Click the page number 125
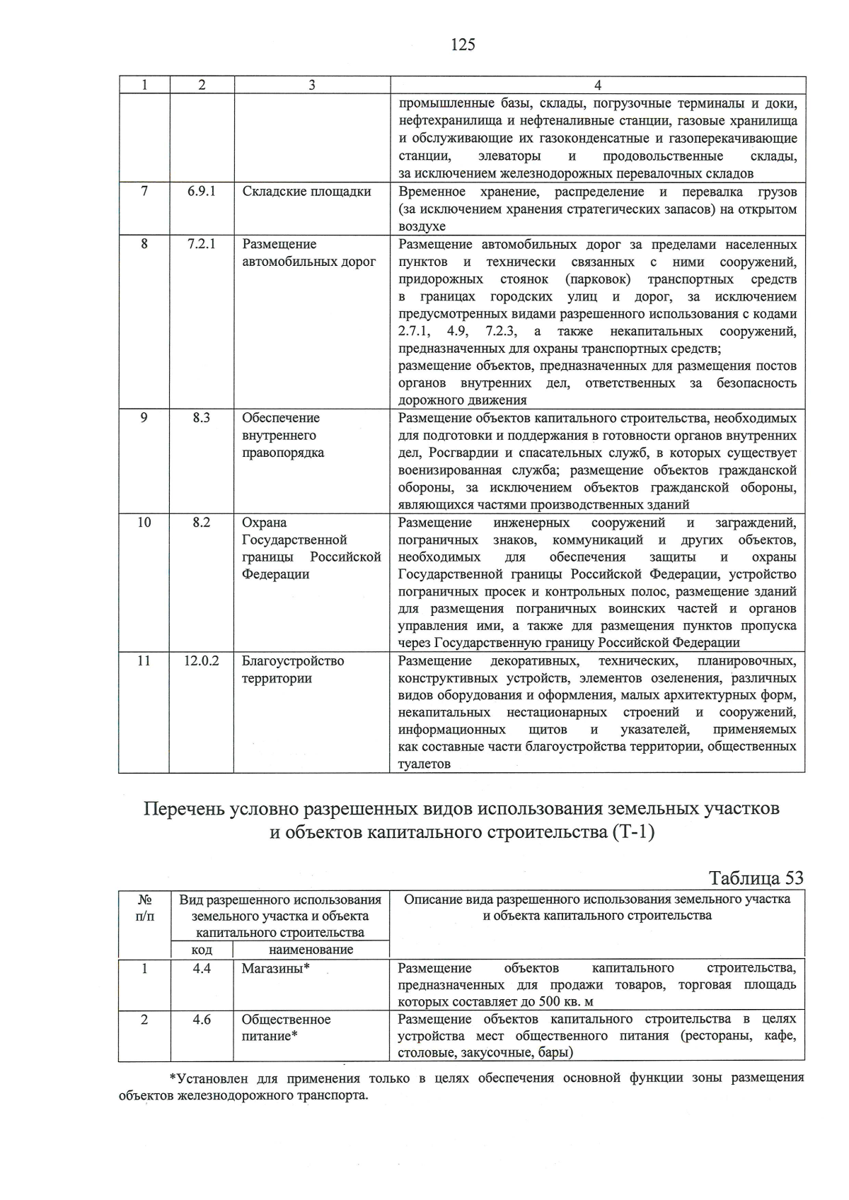click(462, 45)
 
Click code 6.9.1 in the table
click(202, 192)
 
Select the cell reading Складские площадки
click(306, 192)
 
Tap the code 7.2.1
click(202, 244)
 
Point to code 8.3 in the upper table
click(202, 418)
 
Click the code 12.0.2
click(202, 661)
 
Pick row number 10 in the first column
click(144, 523)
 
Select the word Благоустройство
click(293, 661)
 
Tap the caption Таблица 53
click(756, 878)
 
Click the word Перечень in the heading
click(184, 809)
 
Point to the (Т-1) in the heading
click(631, 833)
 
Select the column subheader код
click(202, 950)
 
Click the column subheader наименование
click(311, 950)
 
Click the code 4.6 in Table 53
click(202, 1020)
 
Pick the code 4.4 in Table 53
click(202, 969)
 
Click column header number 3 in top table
click(311, 86)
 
